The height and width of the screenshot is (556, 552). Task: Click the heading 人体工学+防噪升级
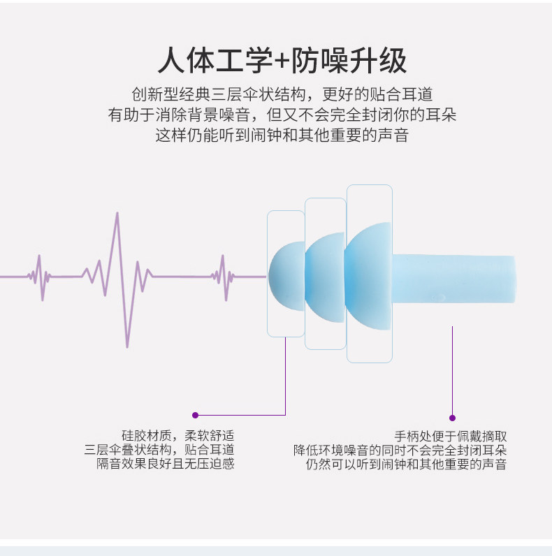pyautogui.click(x=282, y=61)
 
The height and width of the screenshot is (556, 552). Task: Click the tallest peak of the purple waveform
pyautogui.click(x=117, y=215)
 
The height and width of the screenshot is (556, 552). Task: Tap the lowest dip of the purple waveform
pyautogui.click(x=126, y=345)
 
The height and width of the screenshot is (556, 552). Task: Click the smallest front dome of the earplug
pyautogui.click(x=285, y=275)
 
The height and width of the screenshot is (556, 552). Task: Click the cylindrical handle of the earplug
pyautogui.click(x=454, y=278)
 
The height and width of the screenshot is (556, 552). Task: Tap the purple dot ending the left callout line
pyautogui.click(x=195, y=415)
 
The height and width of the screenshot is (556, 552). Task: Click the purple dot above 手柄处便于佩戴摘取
pyautogui.click(x=453, y=417)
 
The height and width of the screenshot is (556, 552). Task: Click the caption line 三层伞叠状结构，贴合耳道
pyautogui.click(x=159, y=449)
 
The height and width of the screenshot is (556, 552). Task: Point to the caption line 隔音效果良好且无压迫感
pyautogui.click(x=165, y=463)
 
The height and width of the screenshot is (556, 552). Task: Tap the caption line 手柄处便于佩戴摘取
pyautogui.click(x=451, y=436)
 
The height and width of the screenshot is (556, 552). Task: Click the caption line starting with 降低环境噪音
pyautogui.click(x=400, y=450)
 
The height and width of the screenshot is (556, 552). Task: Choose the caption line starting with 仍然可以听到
pyautogui.click(x=405, y=464)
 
